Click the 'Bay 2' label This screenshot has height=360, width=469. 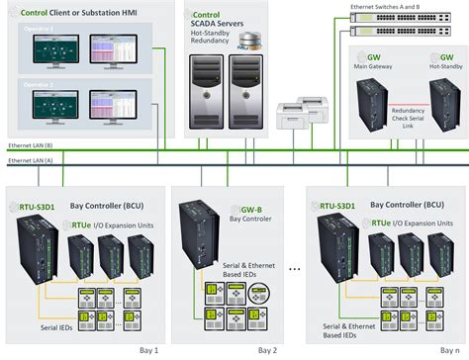pos(268,350)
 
